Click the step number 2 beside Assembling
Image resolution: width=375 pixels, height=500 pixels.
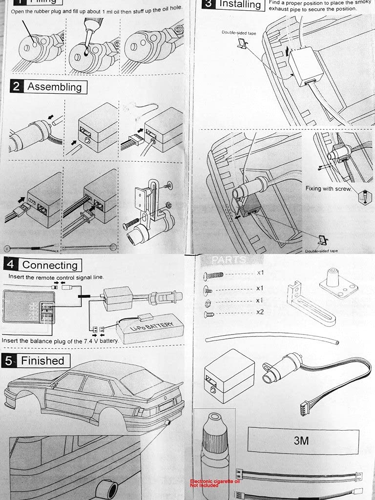tap(17, 87)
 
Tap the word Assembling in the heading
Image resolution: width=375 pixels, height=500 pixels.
tap(54, 87)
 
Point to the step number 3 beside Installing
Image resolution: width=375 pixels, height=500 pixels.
tap(208, 4)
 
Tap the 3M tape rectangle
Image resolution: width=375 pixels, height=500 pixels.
tap(301, 440)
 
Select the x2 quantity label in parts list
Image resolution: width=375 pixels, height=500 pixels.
tap(260, 312)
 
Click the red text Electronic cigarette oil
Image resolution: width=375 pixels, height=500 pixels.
tap(215, 480)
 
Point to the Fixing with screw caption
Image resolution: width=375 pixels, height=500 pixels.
tap(328, 188)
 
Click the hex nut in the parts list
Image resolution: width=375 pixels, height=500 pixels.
tap(208, 302)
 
